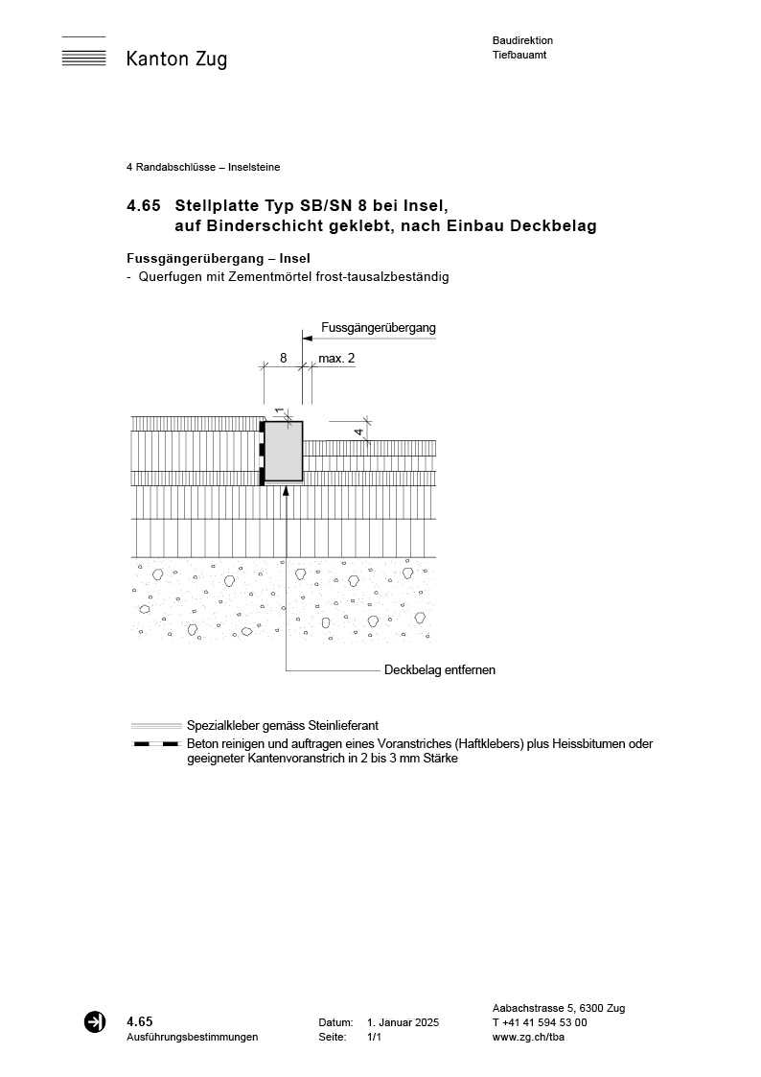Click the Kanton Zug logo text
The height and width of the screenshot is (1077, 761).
tap(176, 59)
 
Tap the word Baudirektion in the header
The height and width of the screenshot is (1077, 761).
tap(522, 40)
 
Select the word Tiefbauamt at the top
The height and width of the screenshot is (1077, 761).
tap(519, 55)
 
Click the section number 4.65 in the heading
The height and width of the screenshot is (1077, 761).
tap(143, 205)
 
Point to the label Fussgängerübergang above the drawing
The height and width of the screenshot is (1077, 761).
tap(379, 328)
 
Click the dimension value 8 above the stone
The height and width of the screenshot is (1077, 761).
tap(283, 358)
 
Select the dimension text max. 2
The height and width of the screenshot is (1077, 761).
tap(336, 358)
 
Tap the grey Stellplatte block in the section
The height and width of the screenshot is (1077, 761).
tap(283, 451)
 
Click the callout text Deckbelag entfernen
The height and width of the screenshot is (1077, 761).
tap(440, 669)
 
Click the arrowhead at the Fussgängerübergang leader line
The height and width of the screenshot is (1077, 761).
tap(307, 338)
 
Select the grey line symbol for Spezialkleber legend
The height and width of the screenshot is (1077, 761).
tap(156, 726)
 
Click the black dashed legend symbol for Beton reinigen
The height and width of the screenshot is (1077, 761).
tap(156, 744)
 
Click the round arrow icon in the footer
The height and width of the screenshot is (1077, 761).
tap(95, 1022)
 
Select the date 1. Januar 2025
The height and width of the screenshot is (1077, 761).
tap(403, 1023)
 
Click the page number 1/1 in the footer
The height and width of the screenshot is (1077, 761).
tap(374, 1037)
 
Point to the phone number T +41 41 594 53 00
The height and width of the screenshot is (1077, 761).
tap(540, 1022)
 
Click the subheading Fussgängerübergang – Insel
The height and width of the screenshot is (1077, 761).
tap(219, 259)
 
